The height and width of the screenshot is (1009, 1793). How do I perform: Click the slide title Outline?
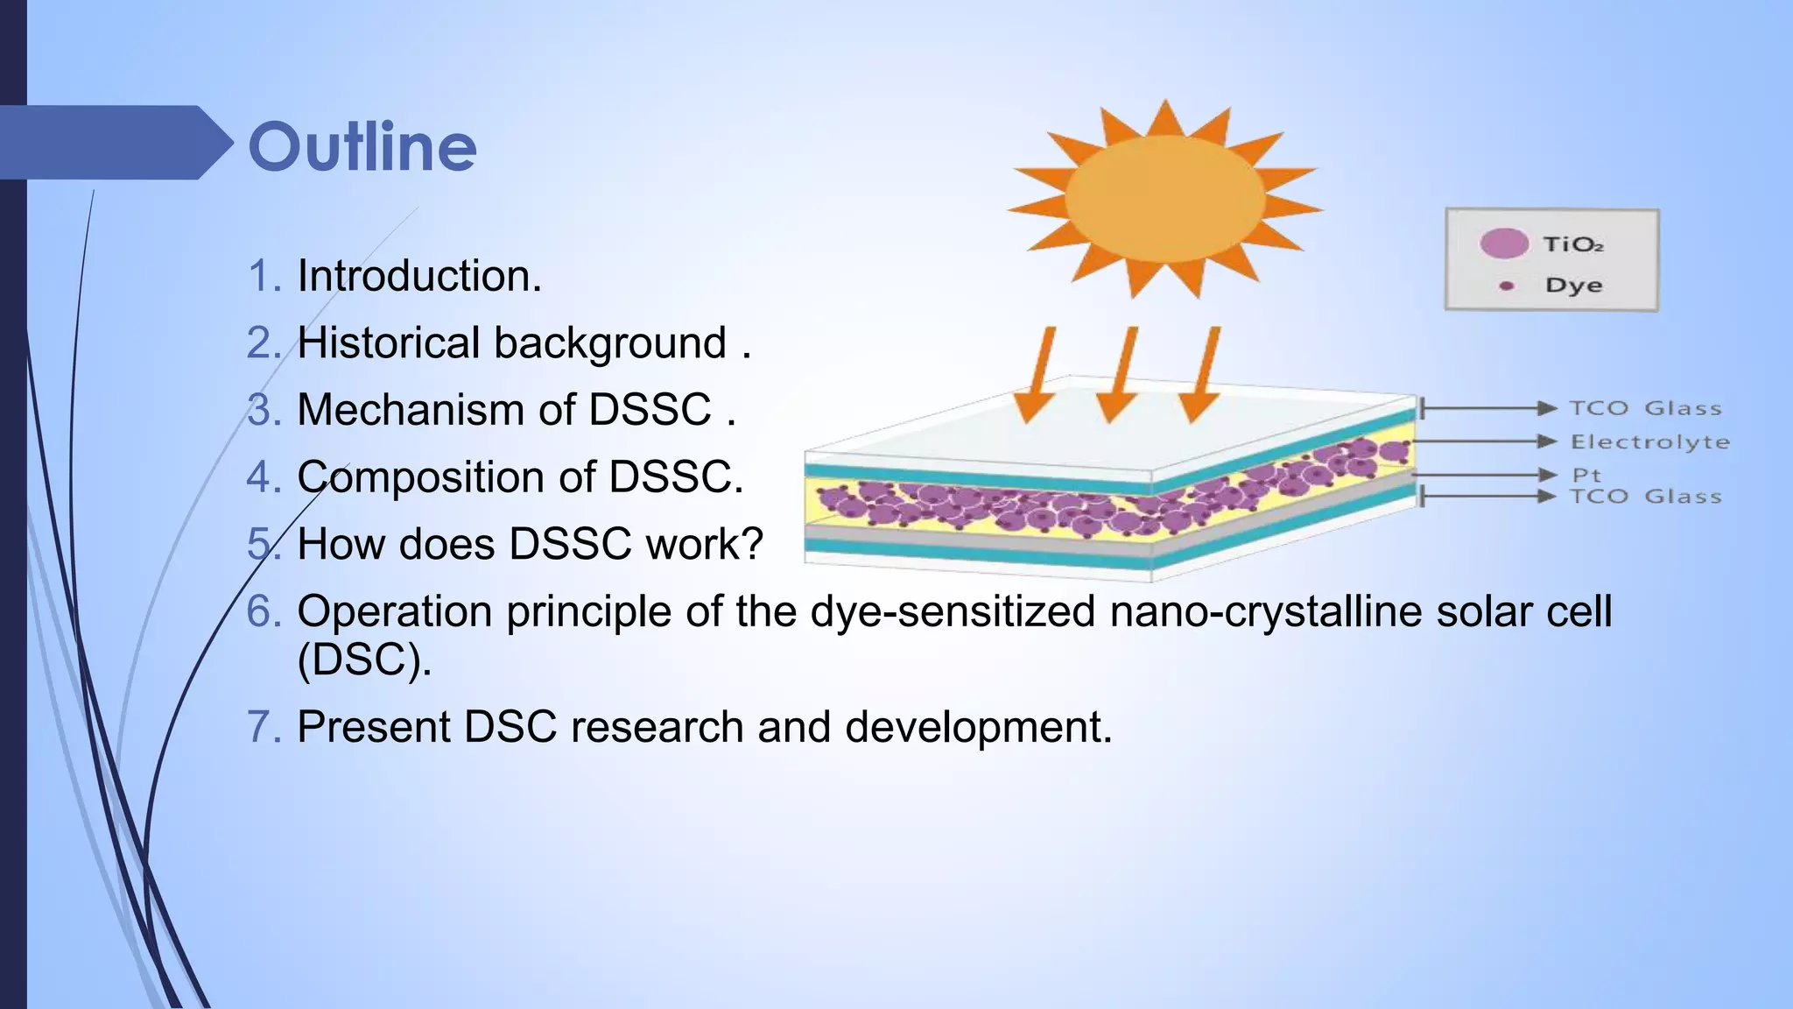362,146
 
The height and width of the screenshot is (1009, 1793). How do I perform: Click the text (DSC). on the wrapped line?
364,659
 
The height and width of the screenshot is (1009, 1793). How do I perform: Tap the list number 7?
263,727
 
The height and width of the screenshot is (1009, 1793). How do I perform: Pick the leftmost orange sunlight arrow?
1039,375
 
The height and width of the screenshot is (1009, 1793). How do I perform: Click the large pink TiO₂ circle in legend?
1504,243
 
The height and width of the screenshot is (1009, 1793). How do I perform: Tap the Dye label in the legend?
1573,286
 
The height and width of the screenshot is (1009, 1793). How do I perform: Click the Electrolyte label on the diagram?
1649,442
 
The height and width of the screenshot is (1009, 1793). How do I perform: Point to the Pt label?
1586,475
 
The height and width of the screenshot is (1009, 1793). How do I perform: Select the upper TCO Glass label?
1645,408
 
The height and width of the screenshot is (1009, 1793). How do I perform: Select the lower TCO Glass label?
1645,497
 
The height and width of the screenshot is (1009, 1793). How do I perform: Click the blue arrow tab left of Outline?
114,143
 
